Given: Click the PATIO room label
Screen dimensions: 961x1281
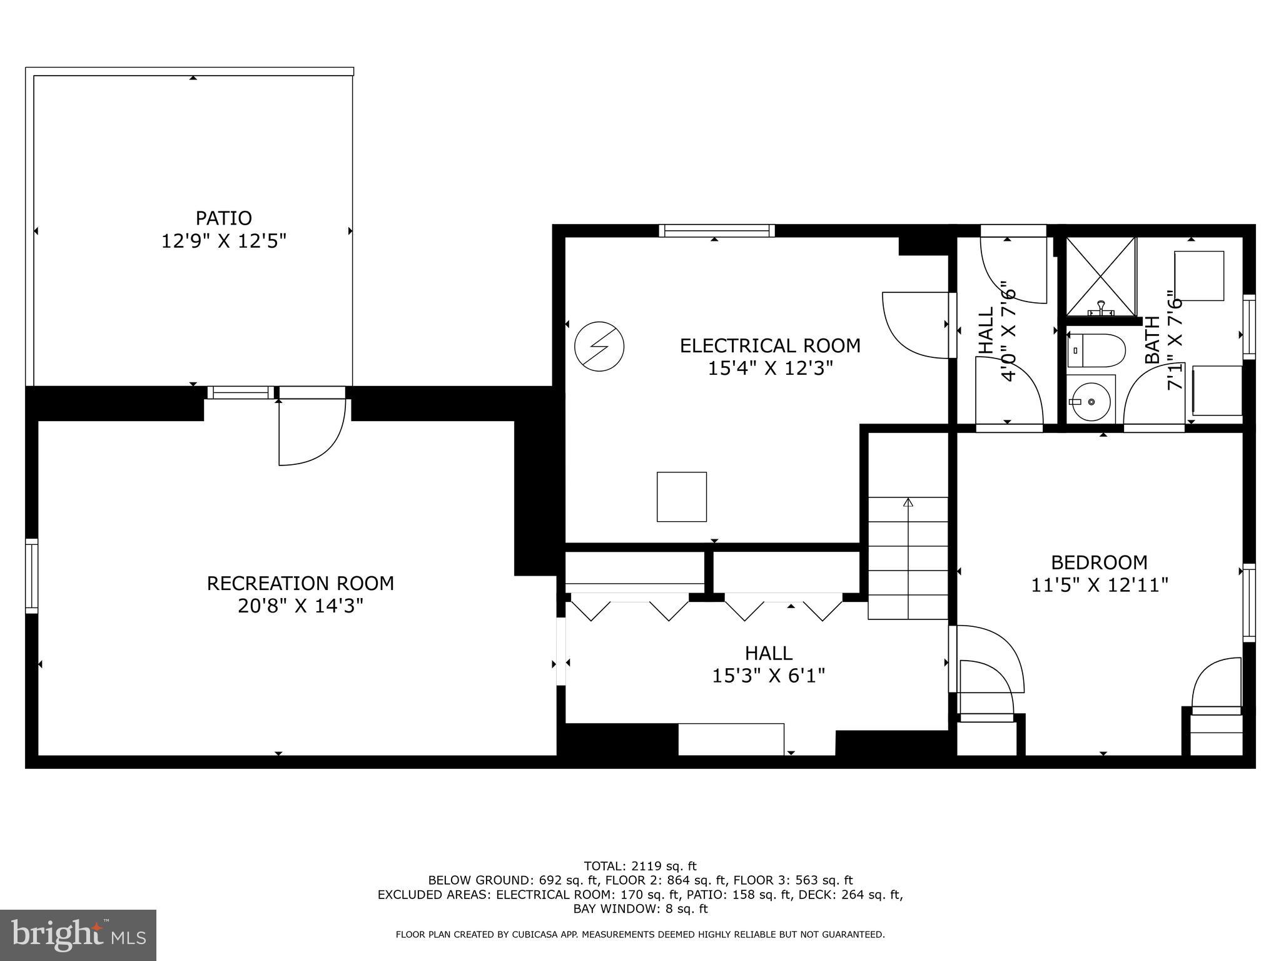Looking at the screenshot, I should [x=223, y=218].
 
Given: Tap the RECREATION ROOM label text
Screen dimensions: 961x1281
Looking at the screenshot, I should [x=300, y=583].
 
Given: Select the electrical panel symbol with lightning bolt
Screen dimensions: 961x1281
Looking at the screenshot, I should [x=599, y=347].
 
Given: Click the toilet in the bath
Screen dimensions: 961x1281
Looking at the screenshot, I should [x=1096, y=350].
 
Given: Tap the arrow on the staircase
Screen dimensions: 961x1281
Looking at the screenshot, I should [x=908, y=502].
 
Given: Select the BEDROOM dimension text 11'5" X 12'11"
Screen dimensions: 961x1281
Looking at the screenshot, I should [x=1100, y=585].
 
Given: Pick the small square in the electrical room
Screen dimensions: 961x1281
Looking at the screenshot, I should [x=681, y=497].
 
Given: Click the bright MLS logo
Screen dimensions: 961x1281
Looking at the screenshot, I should [x=78, y=935].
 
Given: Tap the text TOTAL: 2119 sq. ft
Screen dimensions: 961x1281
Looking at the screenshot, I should [x=640, y=866].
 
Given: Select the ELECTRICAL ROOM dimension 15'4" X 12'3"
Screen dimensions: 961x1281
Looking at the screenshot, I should [x=770, y=368].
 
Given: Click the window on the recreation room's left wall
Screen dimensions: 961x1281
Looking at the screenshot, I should [x=31, y=576].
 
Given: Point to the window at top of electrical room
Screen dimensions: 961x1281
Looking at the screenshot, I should [x=717, y=231].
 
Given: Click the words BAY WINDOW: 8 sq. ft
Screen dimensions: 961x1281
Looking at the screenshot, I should [x=640, y=908].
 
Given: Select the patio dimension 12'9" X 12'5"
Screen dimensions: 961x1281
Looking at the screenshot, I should [x=223, y=241].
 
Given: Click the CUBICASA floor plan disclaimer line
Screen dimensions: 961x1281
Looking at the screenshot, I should [x=640, y=935].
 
